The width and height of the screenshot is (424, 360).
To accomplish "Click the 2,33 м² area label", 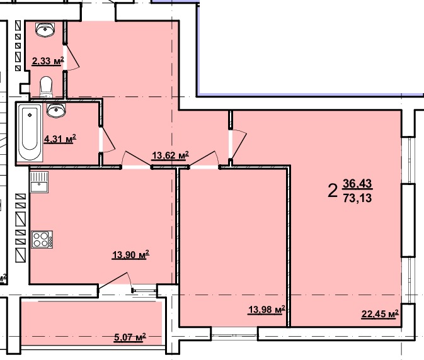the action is (48, 61).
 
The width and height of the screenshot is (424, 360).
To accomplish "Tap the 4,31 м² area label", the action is (60, 139).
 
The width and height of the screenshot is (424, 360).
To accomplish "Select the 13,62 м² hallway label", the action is (170, 155).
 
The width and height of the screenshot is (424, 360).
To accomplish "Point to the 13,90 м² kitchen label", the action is (130, 255).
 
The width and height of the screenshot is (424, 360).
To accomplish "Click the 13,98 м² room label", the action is (266, 310).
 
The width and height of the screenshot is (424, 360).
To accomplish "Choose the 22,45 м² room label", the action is (380, 314).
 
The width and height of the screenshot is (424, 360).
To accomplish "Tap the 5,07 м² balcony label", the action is (130, 337).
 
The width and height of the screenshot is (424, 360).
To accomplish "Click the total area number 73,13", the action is (357, 198).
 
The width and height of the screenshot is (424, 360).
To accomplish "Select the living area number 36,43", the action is (357, 184).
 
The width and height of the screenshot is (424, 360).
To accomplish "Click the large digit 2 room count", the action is (333, 191).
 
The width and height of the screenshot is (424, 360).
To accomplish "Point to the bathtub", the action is (30, 132).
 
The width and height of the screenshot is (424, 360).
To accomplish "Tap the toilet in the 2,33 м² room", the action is (46, 87).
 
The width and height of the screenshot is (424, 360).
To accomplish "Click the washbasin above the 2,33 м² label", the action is (45, 30).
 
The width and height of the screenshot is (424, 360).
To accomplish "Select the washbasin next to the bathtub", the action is (56, 111).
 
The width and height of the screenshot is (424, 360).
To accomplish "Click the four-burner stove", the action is (42, 240).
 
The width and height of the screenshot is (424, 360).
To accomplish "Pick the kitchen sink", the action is (39, 182).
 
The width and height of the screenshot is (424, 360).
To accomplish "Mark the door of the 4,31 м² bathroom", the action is (107, 140).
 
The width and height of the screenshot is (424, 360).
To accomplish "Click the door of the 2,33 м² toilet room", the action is (71, 57).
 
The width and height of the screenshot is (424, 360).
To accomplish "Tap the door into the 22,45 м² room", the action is (238, 144).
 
